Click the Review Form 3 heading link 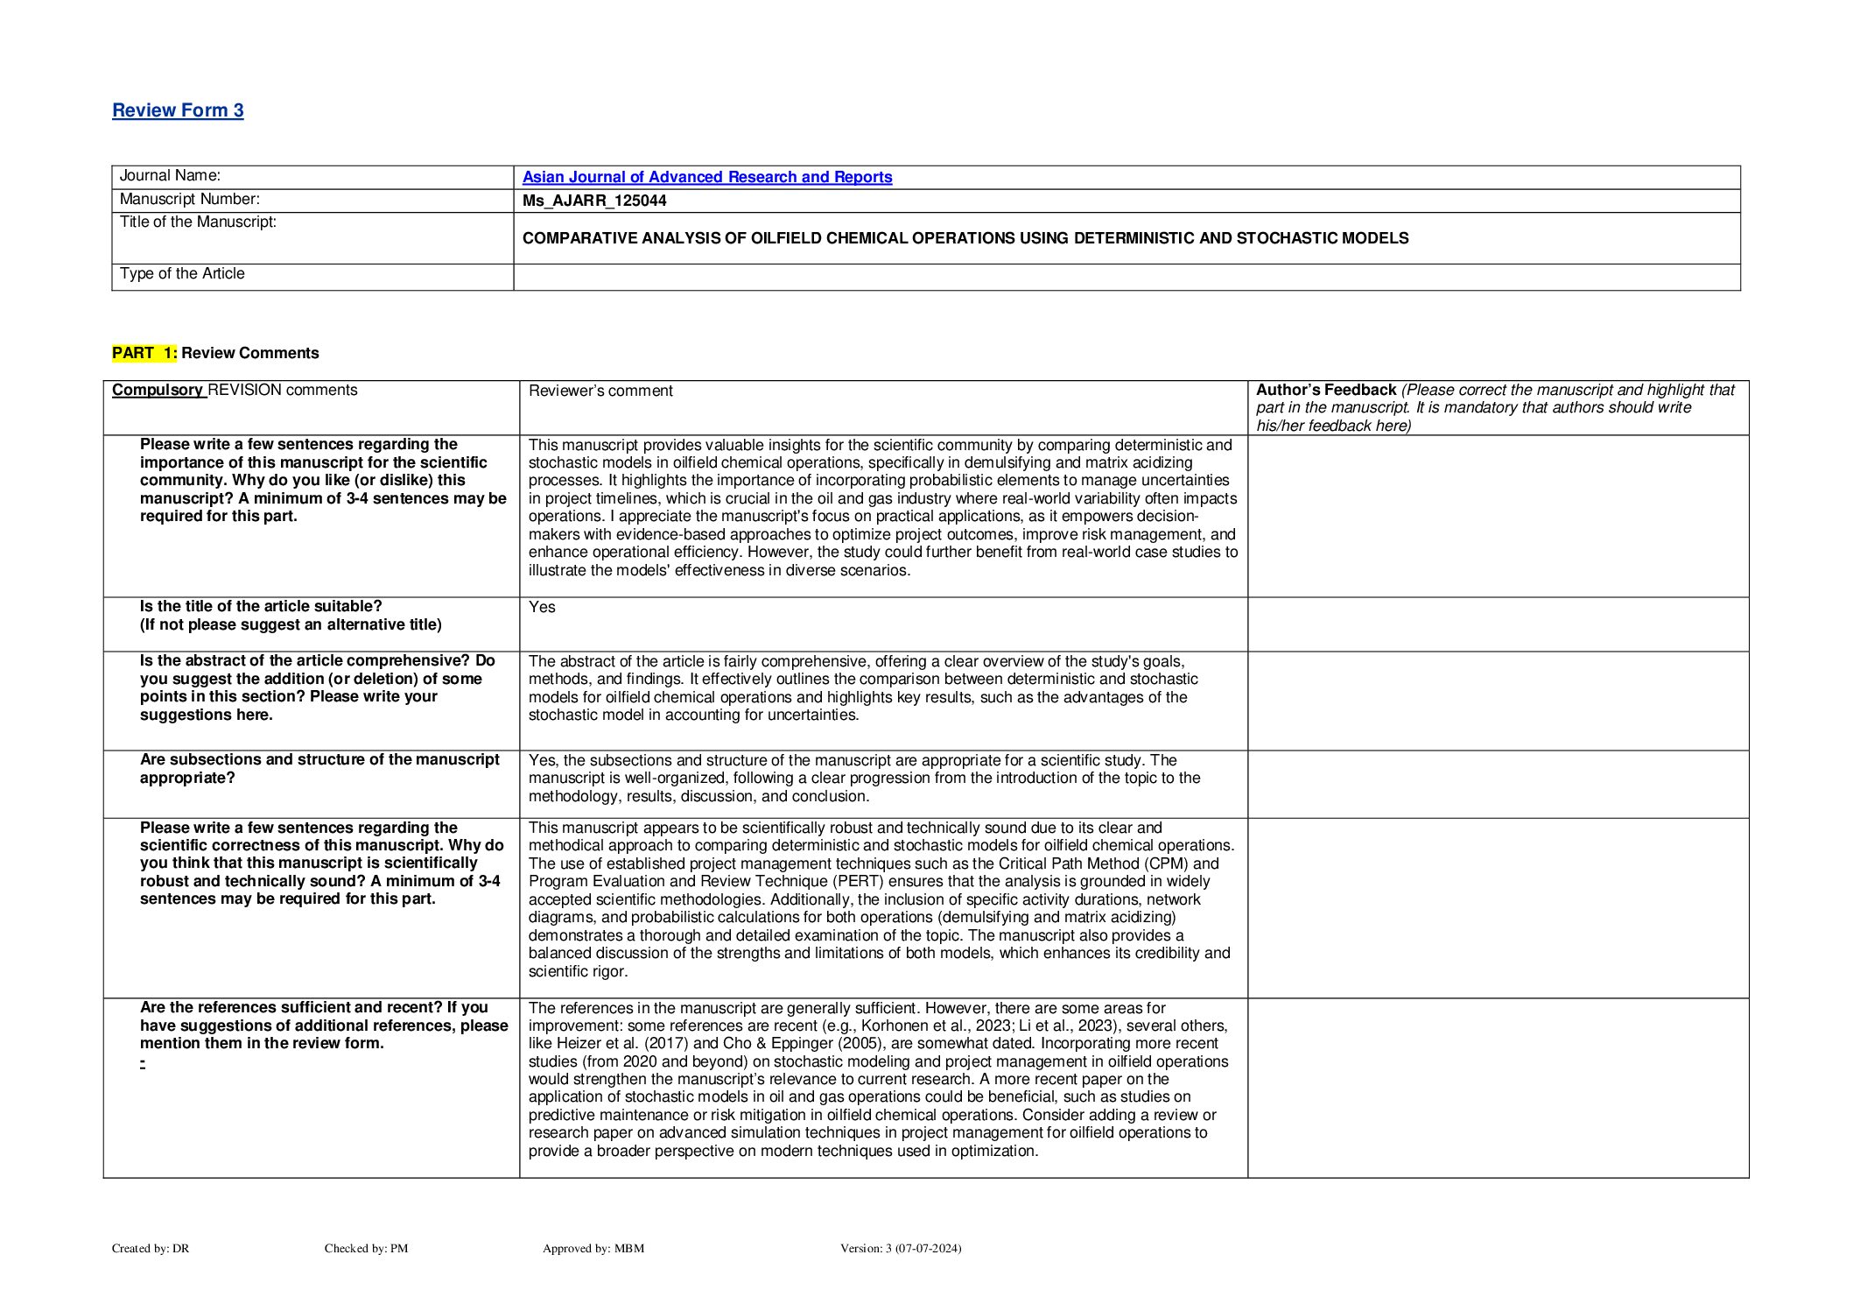pos(178,110)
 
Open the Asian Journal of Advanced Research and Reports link pos(706,177)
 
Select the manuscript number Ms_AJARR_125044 pos(594,201)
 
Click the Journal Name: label pos(170,176)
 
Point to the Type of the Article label pos(182,274)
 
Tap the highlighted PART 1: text pos(144,353)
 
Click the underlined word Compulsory pos(158,391)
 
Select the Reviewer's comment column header pos(600,391)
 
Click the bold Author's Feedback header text pos(1325,391)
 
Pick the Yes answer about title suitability pos(542,608)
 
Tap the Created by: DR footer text pos(151,1249)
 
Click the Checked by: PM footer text pos(366,1249)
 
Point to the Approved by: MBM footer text pos(593,1249)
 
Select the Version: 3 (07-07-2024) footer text pos(900,1249)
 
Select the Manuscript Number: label pos(189,200)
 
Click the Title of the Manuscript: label pos(198,222)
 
